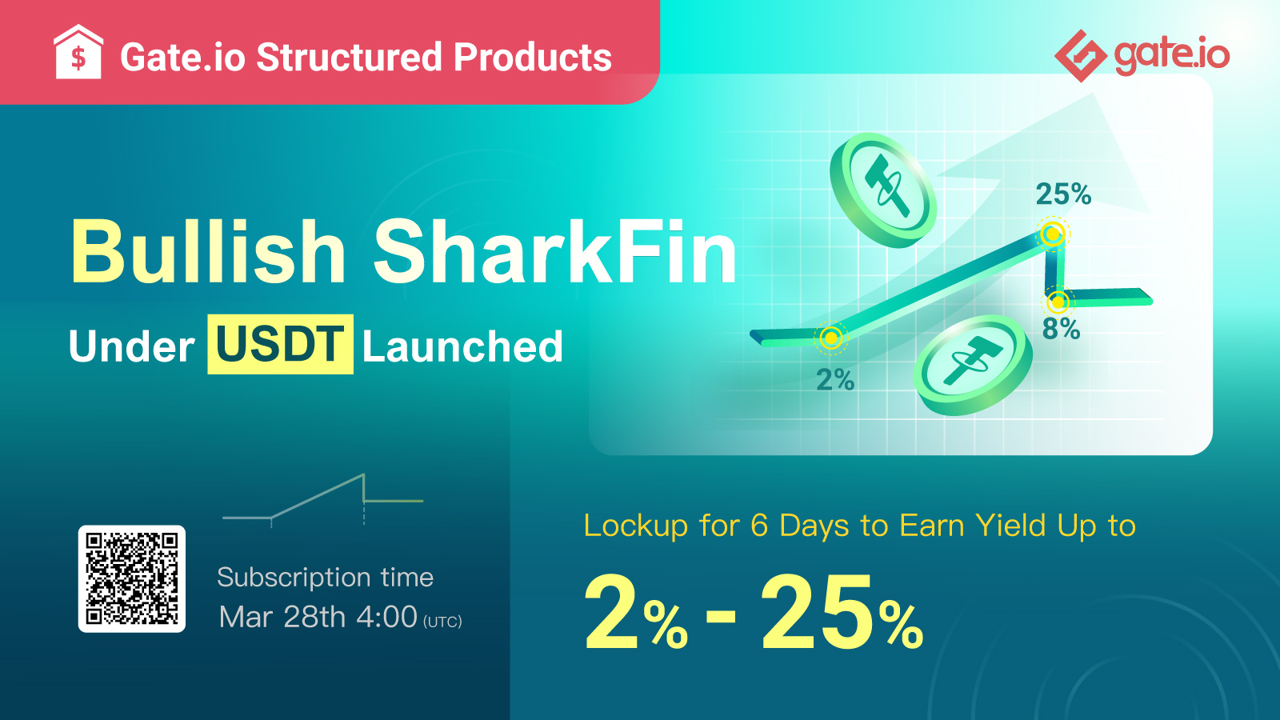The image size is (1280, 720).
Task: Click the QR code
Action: (131, 579)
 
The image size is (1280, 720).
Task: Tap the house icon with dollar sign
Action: (78, 52)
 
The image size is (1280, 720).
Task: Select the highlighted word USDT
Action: (280, 344)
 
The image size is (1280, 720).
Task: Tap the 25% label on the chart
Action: (1063, 194)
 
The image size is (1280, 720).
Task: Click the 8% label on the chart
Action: (1061, 329)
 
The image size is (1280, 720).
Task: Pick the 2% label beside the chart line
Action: (835, 379)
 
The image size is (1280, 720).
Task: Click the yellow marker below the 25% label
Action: (1053, 234)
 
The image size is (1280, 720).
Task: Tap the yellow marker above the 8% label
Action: (1058, 302)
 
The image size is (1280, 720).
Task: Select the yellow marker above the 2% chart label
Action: (831, 338)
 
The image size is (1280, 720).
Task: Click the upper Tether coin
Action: (883, 190)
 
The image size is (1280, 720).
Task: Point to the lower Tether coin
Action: (973, 365)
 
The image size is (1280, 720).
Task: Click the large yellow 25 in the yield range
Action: (817, 612)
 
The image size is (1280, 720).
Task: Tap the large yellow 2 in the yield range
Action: (611, 612)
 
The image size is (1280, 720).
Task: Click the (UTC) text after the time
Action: (442, 622)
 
